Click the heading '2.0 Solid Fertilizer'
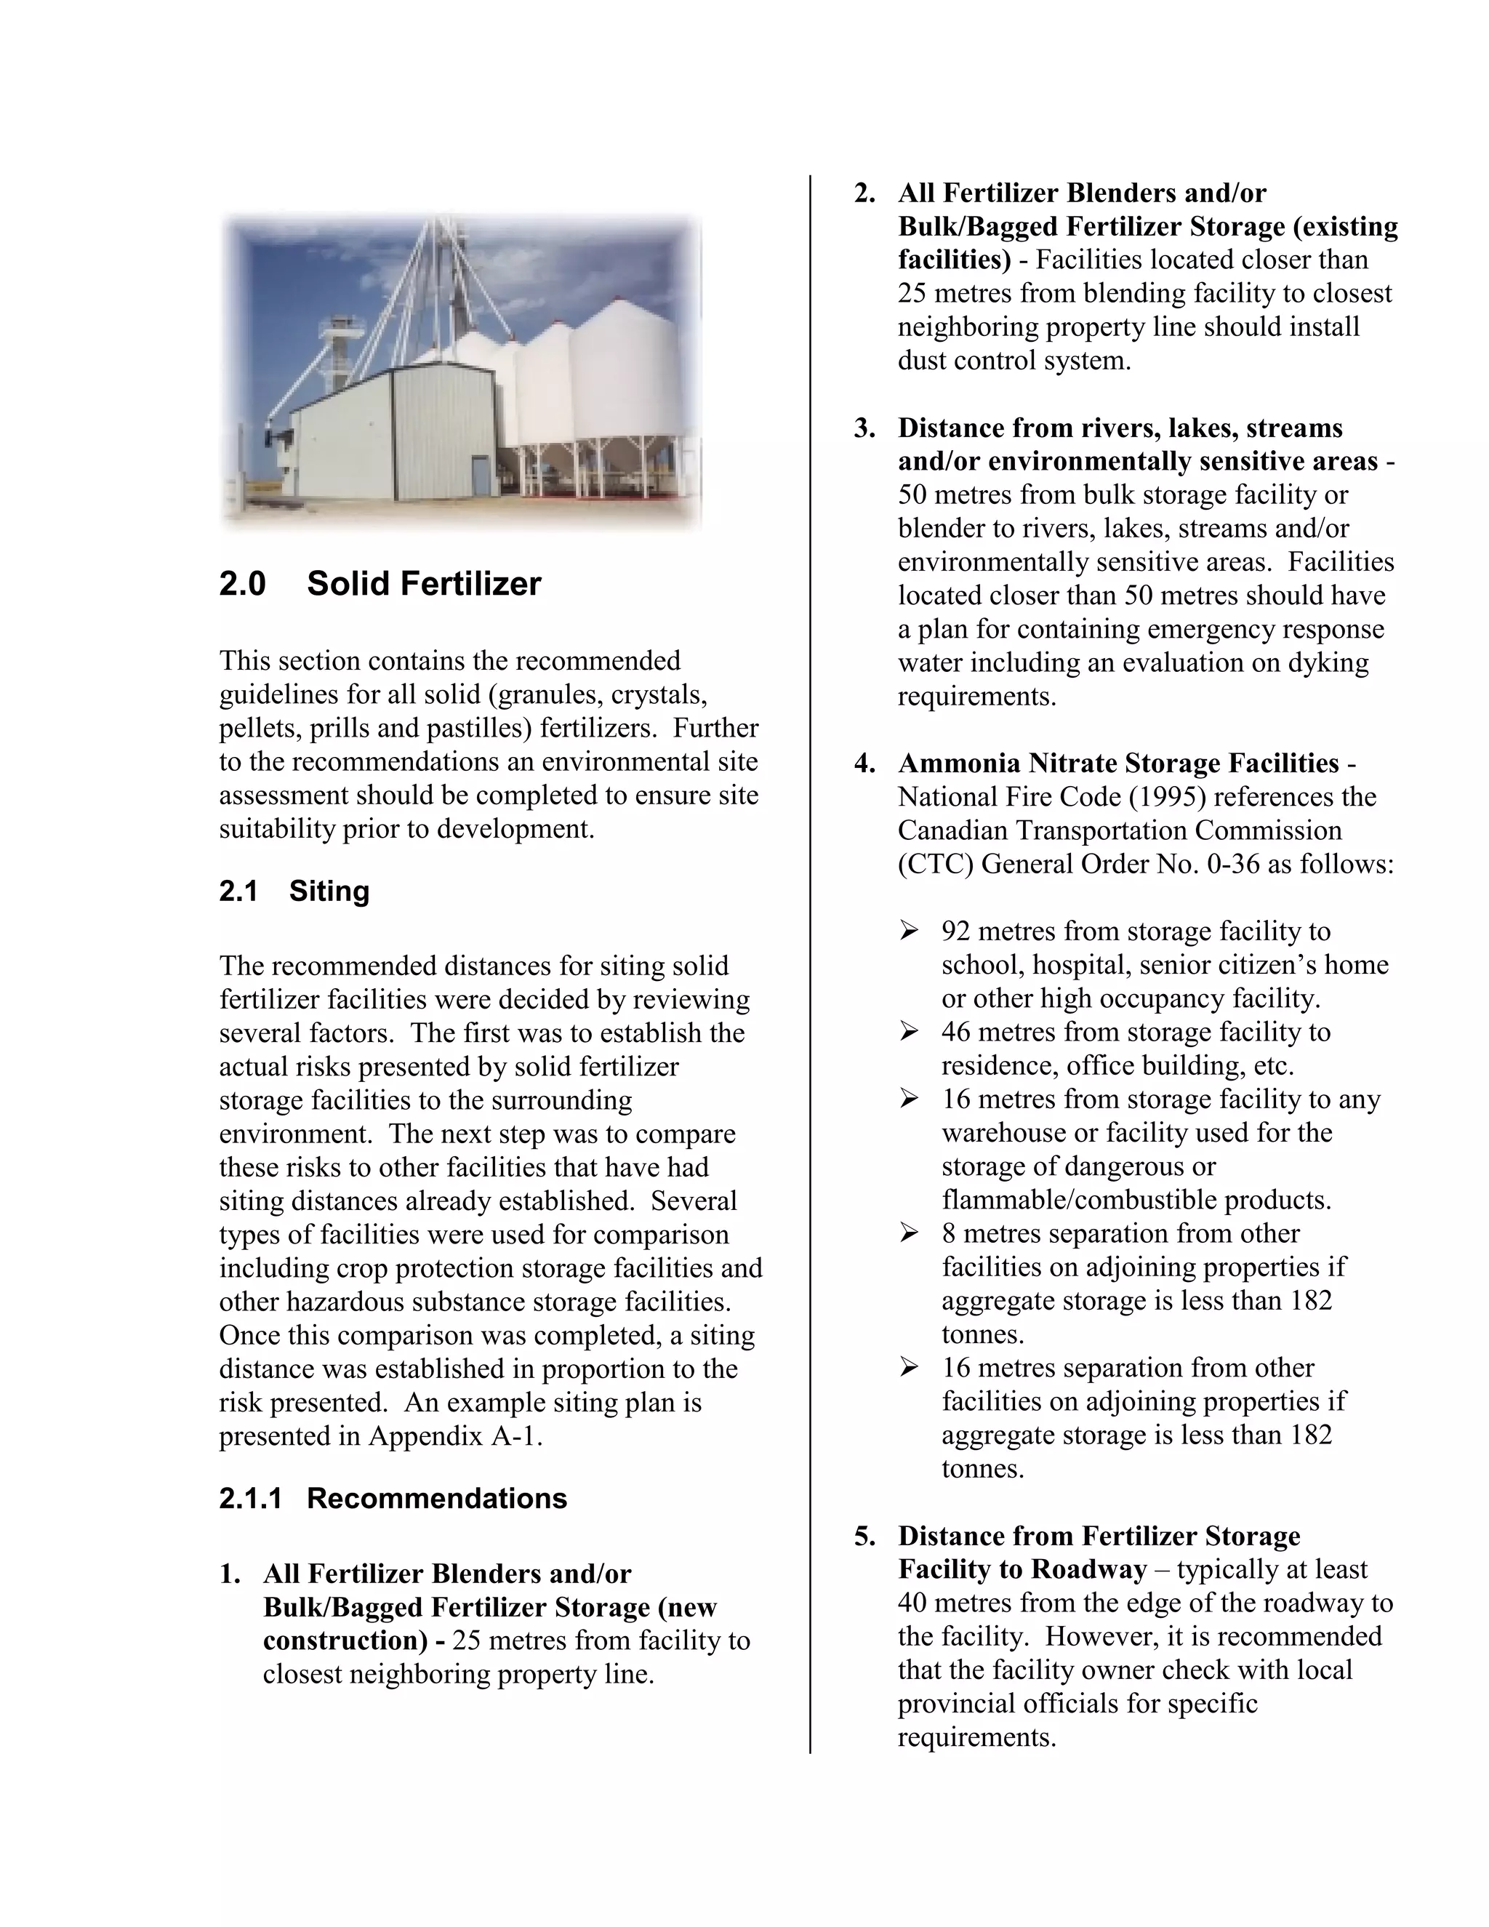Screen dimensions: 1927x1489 tap(380, 584)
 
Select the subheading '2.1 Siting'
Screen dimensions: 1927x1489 tap(294, 892)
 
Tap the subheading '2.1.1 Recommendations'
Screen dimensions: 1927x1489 tap(393, 1498)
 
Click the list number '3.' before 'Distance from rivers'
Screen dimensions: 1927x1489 tap(864, 429)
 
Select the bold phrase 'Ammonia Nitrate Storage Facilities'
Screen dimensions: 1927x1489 tap(1117, 764)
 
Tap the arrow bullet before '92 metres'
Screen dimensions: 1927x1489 tap(909, 931)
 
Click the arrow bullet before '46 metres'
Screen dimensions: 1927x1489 tap(909, 1031)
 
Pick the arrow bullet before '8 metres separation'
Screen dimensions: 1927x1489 tap(909, 1233)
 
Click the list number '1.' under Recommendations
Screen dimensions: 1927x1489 tap(229, 1574)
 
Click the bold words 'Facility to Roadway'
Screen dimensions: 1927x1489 tap(1022, 1570)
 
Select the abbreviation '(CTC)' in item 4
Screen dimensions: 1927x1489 tap(935, 864)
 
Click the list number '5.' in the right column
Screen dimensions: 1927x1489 tap(864, 1536)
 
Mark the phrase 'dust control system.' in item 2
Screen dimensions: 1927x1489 tap(1014, 361)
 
